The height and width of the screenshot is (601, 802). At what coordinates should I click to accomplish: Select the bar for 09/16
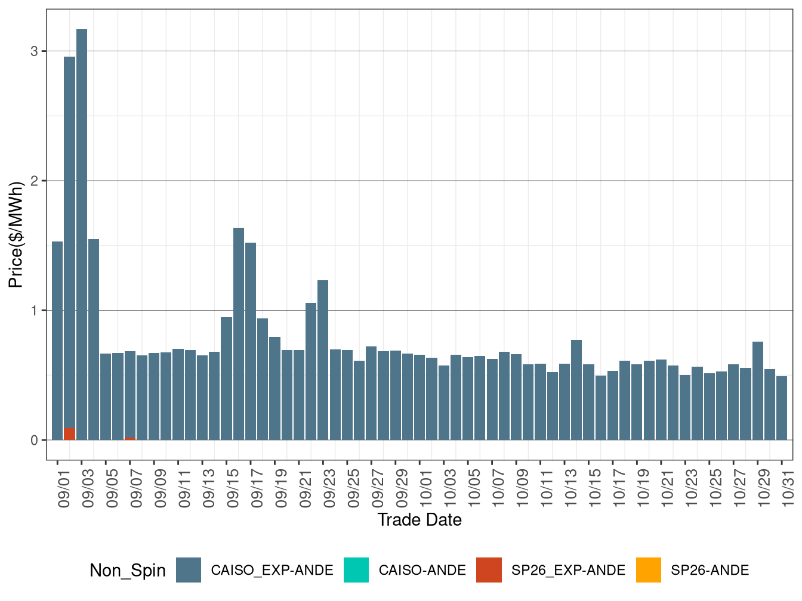(x=239, y=334)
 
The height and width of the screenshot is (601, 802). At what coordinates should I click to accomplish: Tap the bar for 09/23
(x=323, y=360)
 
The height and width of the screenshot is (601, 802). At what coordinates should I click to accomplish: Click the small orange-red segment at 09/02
(x=69, y=434)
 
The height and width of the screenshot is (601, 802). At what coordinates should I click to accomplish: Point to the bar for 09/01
(x=57, y=340)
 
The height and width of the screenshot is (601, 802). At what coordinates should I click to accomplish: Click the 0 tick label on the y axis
(x=35, y=441)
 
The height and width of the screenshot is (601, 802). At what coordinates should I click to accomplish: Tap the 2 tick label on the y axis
(x=35, y=181)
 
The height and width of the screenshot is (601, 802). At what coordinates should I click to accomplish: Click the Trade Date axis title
(x=419, y=520)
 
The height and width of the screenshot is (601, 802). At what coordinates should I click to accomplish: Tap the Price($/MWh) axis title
(x=16, y=234)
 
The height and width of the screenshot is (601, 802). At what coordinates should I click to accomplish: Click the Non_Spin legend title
(x=127, y=571)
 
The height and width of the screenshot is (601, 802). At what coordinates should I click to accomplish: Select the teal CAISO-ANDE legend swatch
(x=356, y=570)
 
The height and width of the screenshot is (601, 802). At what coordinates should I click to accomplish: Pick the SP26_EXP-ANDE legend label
(x=568, y=571)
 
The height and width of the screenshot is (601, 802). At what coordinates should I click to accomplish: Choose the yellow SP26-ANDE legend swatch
(x=649, y=570)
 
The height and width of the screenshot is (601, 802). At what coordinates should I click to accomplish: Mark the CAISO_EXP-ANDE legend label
(x=272, y=571)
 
